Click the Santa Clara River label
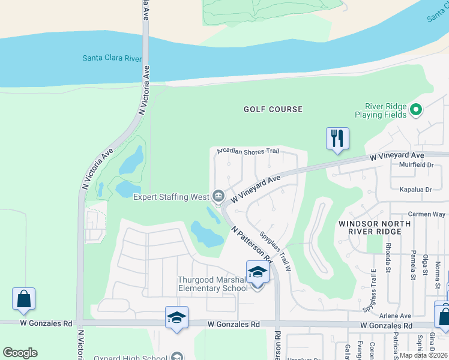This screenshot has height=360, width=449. [112, 58]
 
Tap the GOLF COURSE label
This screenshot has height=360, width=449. [273, 109]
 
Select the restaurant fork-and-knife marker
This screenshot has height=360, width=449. [337, 139]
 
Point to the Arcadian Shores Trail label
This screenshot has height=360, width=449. [249, 151]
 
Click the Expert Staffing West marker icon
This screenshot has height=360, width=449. [218, 196]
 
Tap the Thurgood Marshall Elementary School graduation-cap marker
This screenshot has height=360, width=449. [258, 272]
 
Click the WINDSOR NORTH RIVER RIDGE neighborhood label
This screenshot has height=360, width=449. [375, 228]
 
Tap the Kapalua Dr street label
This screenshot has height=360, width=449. [416, 190]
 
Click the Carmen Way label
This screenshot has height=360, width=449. [426, 214]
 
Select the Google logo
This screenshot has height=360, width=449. [20, 352]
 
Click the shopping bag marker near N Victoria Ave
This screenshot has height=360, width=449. [24, 299]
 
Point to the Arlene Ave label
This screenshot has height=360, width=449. [394, 316]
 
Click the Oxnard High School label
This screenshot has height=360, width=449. [130, 358]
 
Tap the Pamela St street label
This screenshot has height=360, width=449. [414, 265]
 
